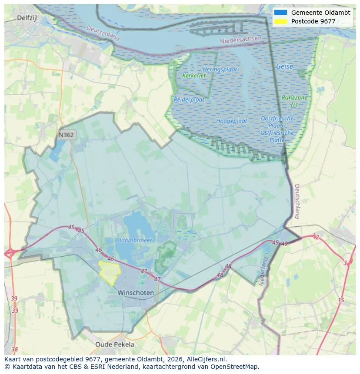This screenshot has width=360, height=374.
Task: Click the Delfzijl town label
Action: (x=28, y=18)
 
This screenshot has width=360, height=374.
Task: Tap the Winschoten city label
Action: (x=135, y=293)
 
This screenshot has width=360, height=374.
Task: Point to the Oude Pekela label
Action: (x=115, y=344)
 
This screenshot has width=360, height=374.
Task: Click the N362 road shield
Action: (x=66, y=135)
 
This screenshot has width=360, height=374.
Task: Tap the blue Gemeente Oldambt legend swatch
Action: (x=281, y=13)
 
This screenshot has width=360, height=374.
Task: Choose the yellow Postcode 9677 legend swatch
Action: (x=281, y=21)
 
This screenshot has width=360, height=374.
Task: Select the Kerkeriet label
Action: (x=194, y=76)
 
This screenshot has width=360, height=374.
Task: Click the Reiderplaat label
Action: (x=189, y=99)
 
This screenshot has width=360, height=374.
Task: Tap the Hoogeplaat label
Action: (x=232, y=121)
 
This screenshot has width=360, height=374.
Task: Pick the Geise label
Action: (x=284, y=66)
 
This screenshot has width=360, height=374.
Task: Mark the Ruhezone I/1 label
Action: (x=294, y=101)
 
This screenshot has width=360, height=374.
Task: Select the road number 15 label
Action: (x=341, y=300)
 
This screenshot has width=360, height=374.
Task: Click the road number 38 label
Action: (x=15, y=349)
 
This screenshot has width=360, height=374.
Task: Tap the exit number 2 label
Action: (x=317, y=237)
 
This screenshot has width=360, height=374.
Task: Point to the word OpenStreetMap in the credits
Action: (x=237, y=367)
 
